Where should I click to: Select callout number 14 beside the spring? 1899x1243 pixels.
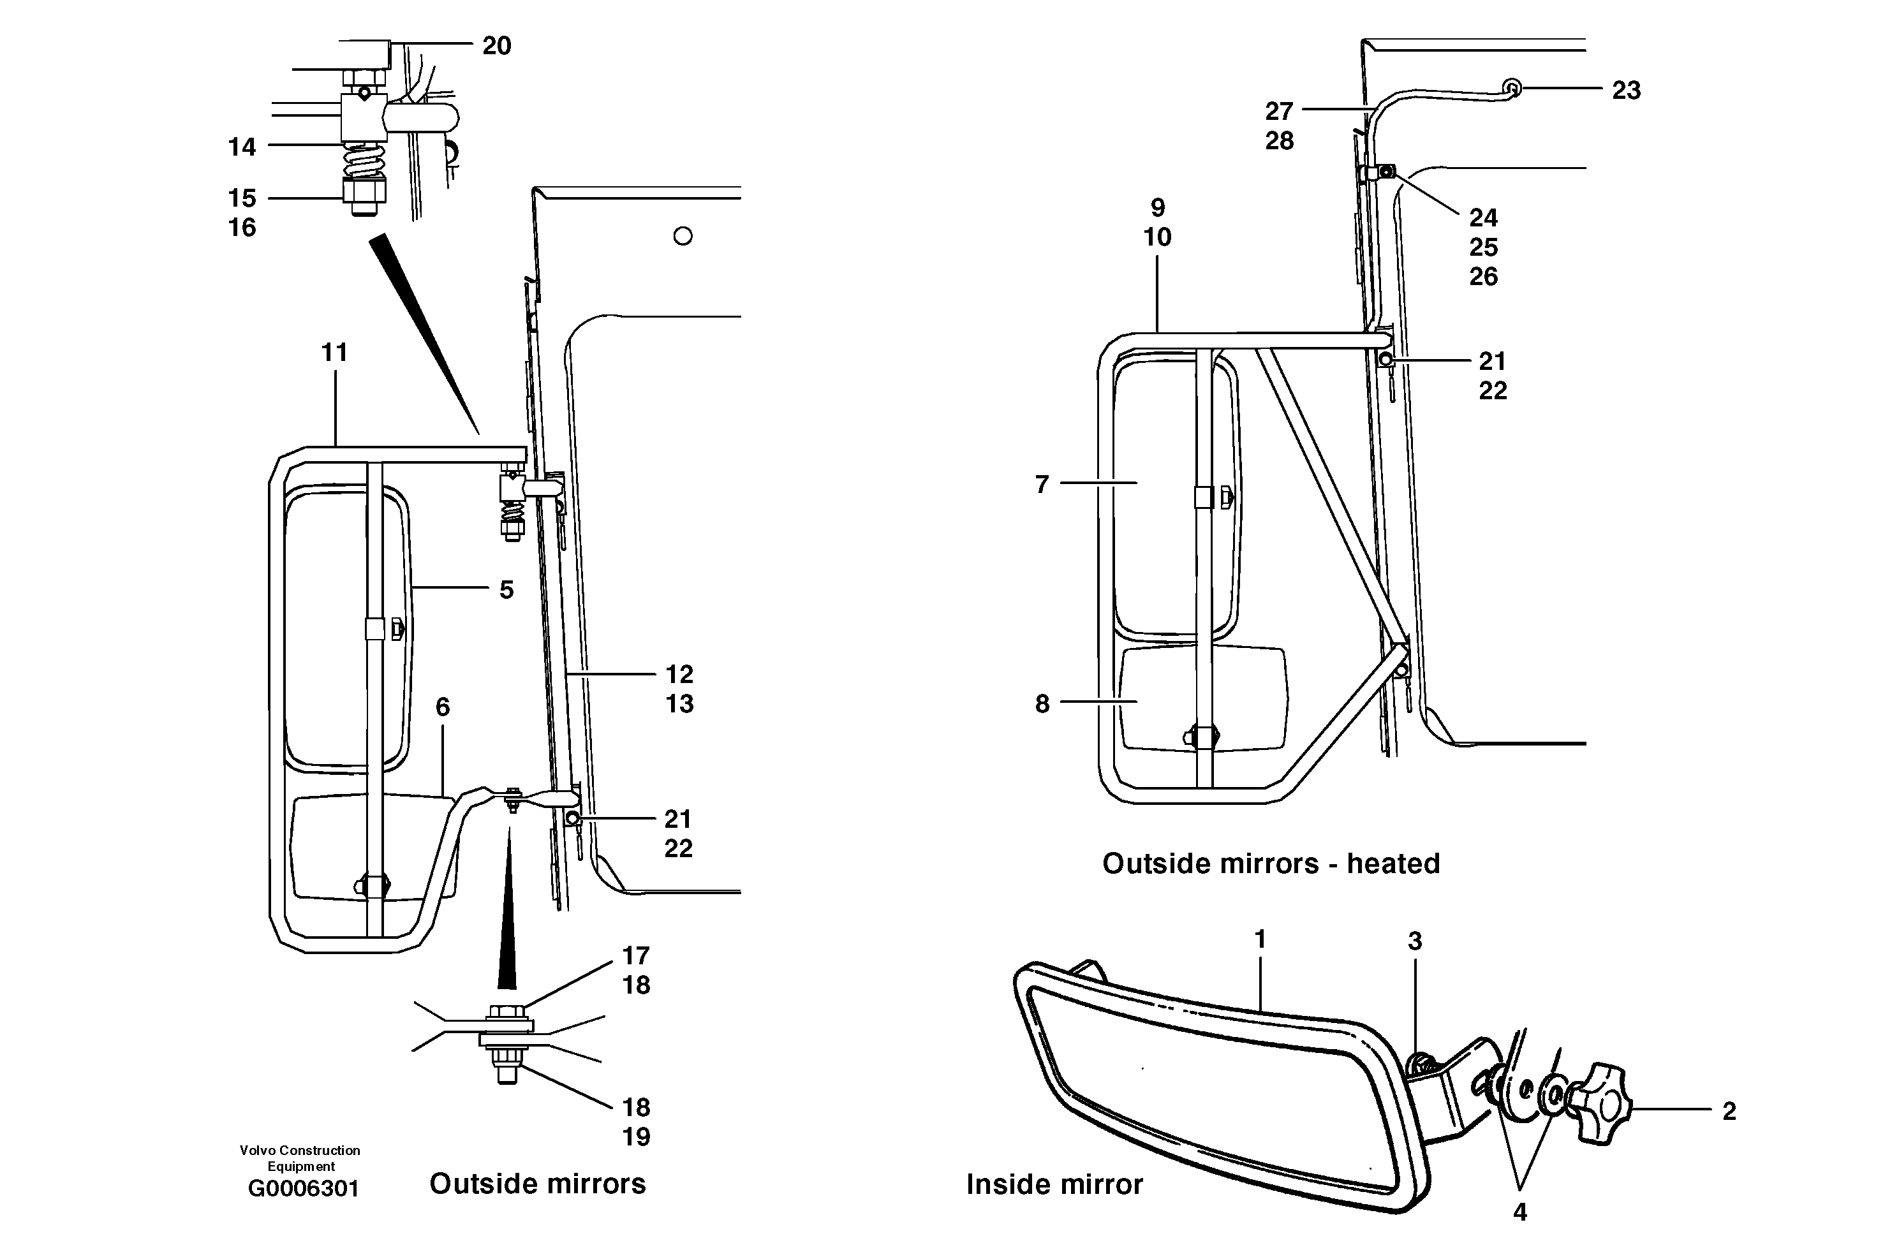pos(242,147)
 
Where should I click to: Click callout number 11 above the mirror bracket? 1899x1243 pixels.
pos(334,352)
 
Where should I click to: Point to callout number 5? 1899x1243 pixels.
pos(506,589)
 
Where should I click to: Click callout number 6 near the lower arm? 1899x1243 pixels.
pos(442,707)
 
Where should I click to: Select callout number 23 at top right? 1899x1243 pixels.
pos(1626,90)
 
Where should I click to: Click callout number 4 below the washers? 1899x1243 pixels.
pos(1519,1212)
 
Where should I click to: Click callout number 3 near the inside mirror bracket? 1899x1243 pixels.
pos(1415,941)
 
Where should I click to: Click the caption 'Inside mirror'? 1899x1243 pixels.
pos(1054,1185)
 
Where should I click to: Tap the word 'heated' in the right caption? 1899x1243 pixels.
pos(1393,864)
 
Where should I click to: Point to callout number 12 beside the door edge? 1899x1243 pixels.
pos(679,674)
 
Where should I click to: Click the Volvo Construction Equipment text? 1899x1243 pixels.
pos(300,1158)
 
